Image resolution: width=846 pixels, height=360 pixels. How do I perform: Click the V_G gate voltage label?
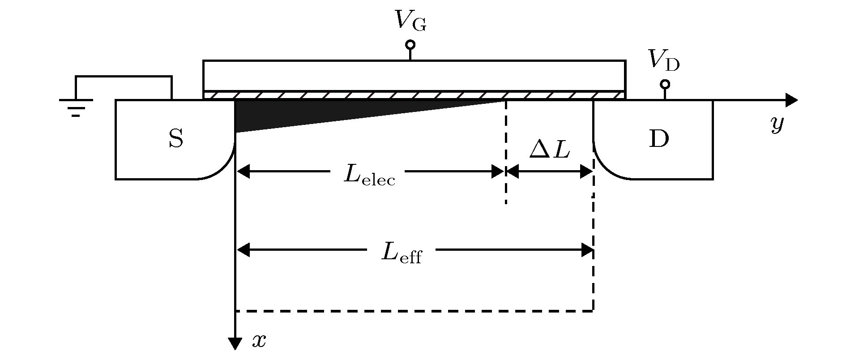click(x=410, y=21)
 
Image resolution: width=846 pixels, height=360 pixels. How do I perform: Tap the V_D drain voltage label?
click(x=663, y=61)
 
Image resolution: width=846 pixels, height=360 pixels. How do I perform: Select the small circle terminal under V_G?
click(x=410, y=45)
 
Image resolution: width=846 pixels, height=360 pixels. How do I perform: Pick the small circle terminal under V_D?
click(x=665, y=84)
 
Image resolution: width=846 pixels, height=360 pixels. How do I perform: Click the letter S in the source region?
click(x=176, y=139)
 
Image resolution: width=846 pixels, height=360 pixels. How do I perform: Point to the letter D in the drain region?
click(x=658, y=139)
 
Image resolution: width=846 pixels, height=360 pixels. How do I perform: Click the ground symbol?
click(x=76, y=107)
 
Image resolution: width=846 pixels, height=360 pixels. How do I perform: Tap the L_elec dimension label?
click(x=369, y=175)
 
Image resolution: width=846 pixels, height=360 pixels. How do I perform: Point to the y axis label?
click(x=777, y=124)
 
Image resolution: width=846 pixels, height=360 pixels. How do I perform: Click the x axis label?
click(x=259, y=341)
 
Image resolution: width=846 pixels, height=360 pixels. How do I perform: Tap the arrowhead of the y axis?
click(x=791, y=100)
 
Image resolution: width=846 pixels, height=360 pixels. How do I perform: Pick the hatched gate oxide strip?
click(x=414, y=95)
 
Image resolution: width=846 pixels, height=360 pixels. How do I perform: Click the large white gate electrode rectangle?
click(x=414, y=75)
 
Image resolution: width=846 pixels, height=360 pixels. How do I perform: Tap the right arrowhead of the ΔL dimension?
click(x=587, y=171)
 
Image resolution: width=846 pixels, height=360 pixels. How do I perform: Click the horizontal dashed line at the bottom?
click(x=414, y=310)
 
